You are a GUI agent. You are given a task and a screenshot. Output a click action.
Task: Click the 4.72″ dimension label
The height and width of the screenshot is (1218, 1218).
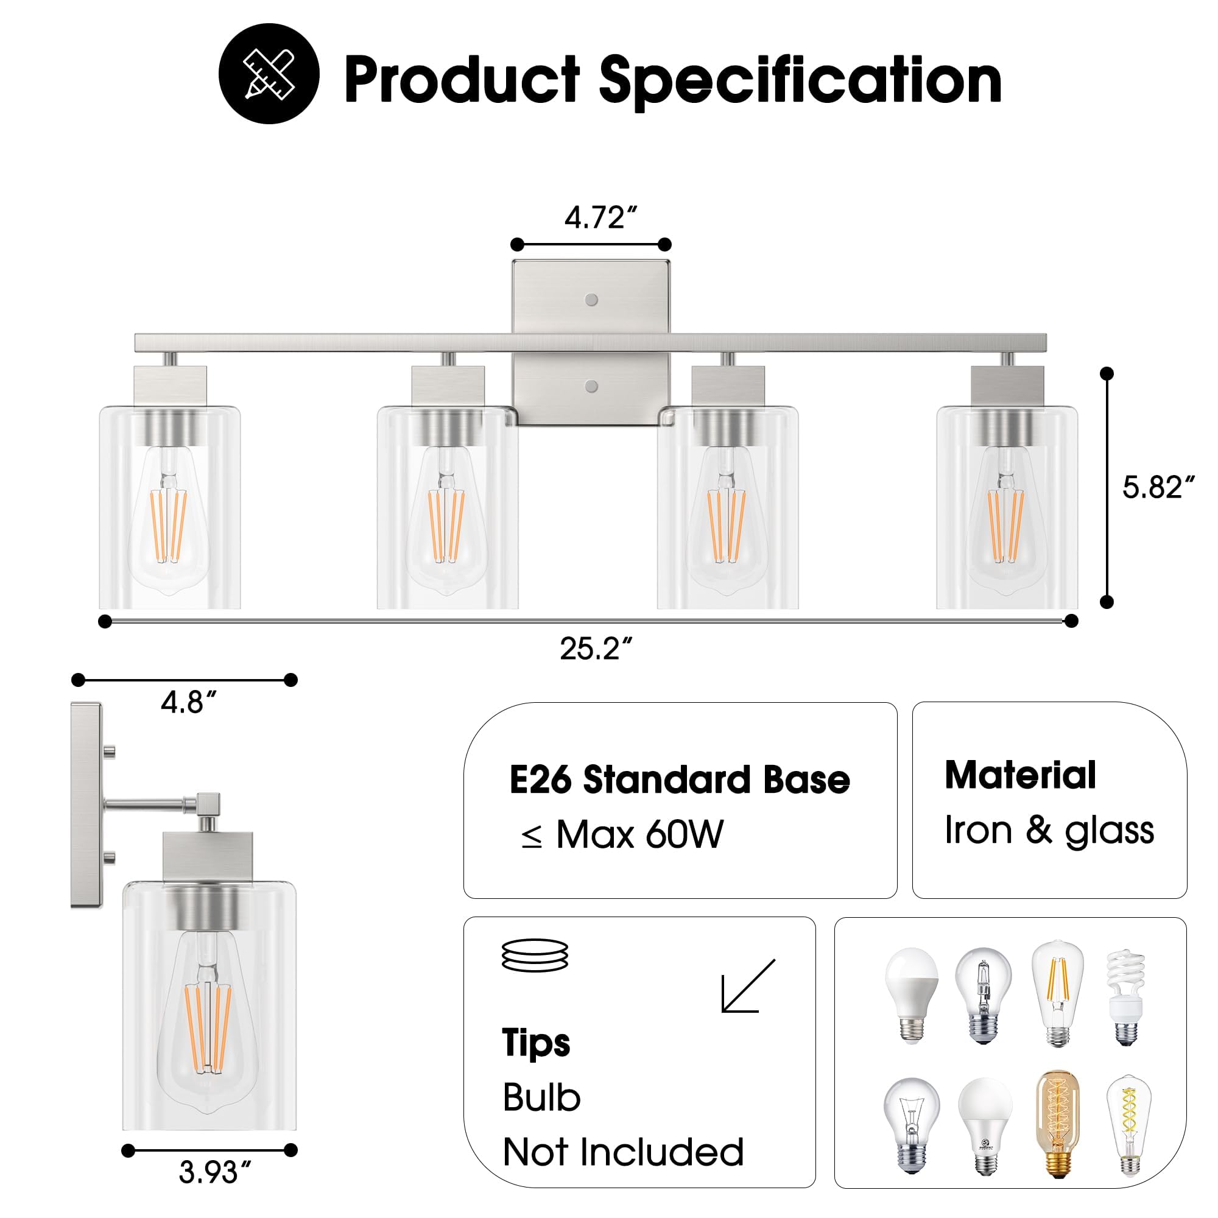600,218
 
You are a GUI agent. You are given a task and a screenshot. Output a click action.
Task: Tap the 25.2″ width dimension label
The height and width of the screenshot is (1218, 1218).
595,649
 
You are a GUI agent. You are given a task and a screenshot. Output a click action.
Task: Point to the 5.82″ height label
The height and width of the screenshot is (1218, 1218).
1158,487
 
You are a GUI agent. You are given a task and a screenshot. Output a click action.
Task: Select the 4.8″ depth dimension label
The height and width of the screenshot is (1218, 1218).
189,702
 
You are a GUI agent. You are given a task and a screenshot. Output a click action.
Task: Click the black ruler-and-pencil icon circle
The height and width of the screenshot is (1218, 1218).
269,74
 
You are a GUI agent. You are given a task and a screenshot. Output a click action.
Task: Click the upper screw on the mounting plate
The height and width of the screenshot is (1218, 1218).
591,300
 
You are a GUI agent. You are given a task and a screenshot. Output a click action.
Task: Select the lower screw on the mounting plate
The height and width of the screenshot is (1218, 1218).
591,387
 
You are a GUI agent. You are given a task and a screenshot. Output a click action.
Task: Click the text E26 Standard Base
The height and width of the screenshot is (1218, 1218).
679,781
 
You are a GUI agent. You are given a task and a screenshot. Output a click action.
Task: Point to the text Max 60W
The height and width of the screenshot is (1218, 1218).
639,836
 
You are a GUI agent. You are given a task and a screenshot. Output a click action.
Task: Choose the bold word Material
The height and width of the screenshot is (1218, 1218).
1020,775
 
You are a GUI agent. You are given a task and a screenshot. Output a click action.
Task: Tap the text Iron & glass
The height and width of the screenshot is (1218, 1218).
1049,830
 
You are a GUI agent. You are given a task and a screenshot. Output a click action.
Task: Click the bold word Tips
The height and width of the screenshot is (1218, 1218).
536,1043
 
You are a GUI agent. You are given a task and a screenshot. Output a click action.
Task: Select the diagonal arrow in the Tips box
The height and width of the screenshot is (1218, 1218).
748,987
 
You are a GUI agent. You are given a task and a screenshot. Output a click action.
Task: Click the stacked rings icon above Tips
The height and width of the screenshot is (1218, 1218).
535,956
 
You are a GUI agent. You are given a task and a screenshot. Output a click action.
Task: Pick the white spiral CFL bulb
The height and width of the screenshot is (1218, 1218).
1126,998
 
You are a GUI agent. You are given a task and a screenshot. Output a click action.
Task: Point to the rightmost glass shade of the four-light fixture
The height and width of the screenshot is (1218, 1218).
1006,507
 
